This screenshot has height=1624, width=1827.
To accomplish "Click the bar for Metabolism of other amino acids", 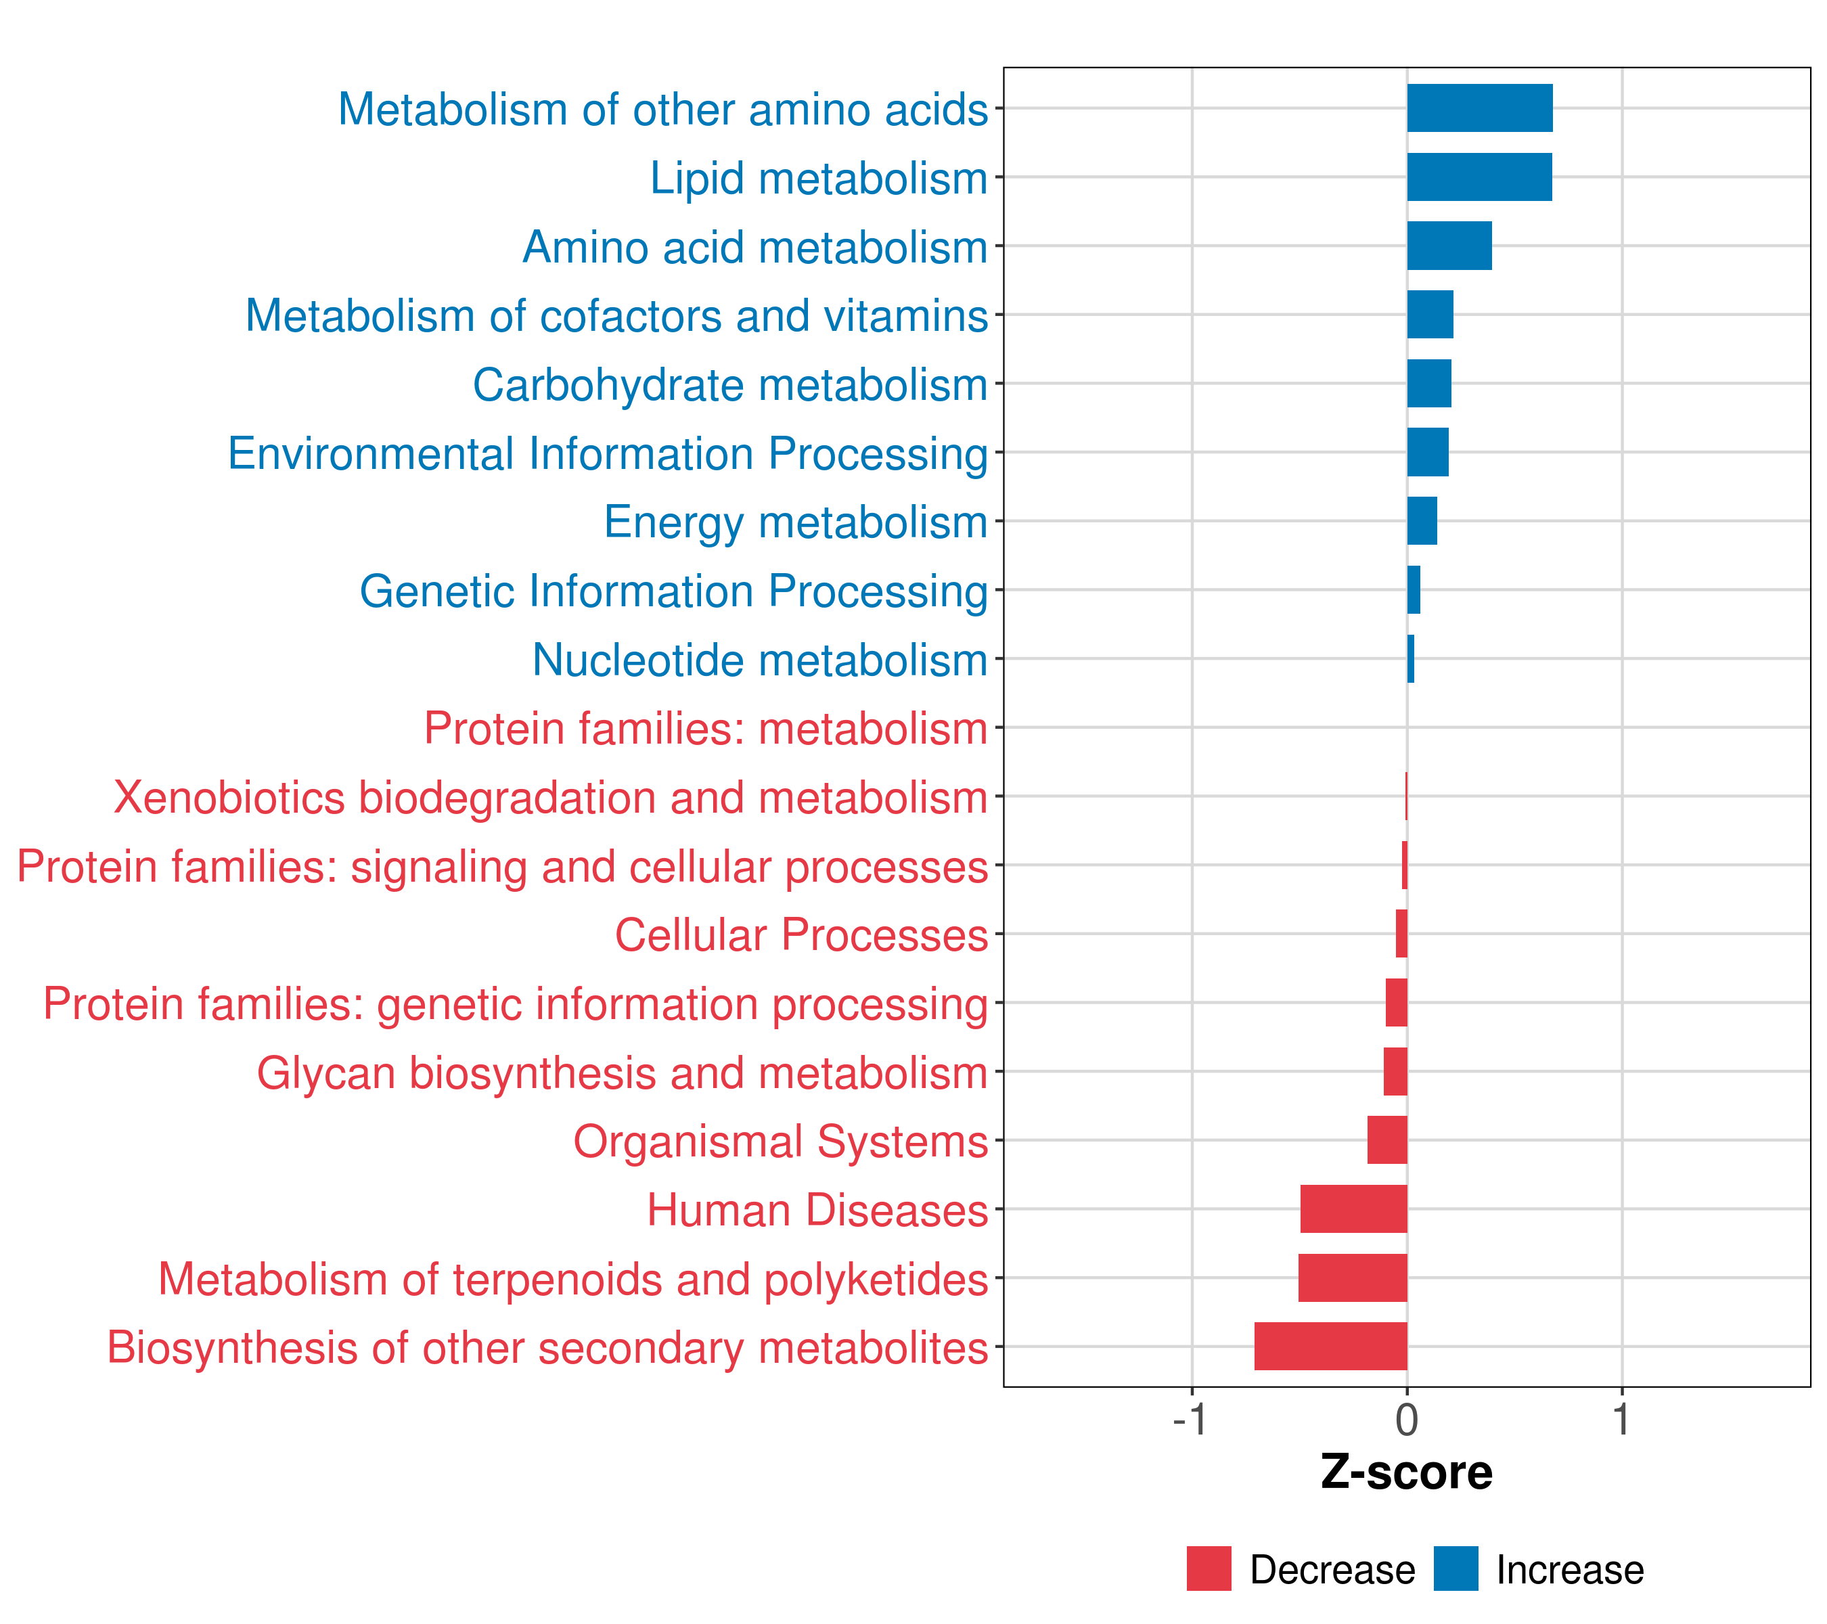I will pos(1479,108).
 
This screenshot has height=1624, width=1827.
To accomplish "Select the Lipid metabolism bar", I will pos(1479,177).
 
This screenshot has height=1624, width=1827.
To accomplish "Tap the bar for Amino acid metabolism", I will pos(1449,246).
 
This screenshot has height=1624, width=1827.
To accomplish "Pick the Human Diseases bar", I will pos(1353,1209).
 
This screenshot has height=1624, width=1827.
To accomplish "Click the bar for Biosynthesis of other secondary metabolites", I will pos(1330,1346).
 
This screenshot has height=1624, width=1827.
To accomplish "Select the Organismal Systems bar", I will pos(1386,1140).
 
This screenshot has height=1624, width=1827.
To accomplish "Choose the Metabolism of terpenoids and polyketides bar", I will pos(1353,1278).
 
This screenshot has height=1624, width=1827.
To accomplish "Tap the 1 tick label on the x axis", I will pos(1621,1420).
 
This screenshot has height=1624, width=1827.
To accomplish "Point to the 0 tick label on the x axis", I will pos(1407,1420).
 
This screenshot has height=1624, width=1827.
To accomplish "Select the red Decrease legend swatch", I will pos(1209,1569).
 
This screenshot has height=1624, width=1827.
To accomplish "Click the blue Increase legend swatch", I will pos(1455,1569).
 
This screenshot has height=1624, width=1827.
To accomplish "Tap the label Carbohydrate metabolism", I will pos(729,385).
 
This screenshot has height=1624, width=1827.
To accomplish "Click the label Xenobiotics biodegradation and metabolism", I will pos(549,797).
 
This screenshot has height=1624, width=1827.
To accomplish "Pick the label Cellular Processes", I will pos(801,935).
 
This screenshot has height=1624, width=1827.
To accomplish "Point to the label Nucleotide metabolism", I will pos(760,660).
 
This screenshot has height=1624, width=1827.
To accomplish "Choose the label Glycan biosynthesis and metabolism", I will pos(622,1073).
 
